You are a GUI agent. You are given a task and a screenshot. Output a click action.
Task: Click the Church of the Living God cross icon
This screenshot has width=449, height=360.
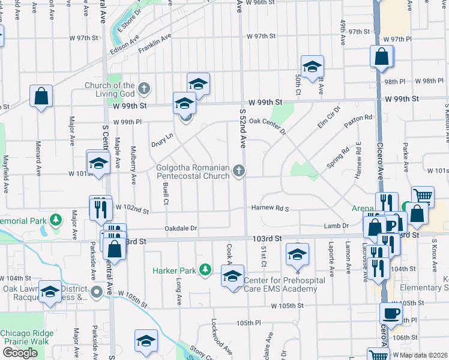(x=143, y=89)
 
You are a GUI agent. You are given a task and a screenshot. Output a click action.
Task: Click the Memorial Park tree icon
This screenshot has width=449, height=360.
(x=56, y=220)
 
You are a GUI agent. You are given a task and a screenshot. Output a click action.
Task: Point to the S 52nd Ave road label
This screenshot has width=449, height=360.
(x=243, y=129)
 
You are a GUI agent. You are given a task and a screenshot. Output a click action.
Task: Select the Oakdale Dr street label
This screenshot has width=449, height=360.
(x=181, y=229)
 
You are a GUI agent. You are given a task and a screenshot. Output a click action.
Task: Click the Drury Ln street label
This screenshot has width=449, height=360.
(x=162, y=140)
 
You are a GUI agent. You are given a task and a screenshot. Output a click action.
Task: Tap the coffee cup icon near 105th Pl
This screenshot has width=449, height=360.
(x=391, y=313)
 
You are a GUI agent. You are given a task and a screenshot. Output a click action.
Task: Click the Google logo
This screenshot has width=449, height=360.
(x=20, y=353)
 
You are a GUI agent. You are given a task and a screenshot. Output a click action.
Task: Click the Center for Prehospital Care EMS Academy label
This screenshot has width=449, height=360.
(x=280, y=284)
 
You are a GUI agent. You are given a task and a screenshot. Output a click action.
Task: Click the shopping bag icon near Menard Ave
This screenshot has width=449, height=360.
(x=41, y=95)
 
